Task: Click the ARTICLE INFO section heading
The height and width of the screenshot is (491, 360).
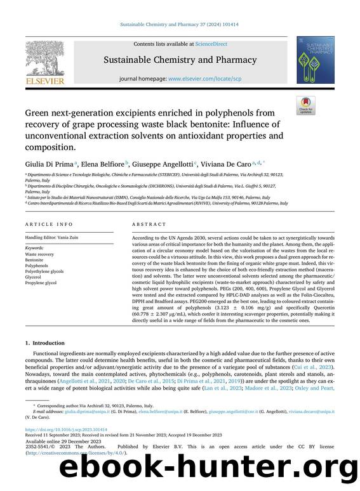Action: [46, 224]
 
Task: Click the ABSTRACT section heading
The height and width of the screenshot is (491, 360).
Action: [146, 224]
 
